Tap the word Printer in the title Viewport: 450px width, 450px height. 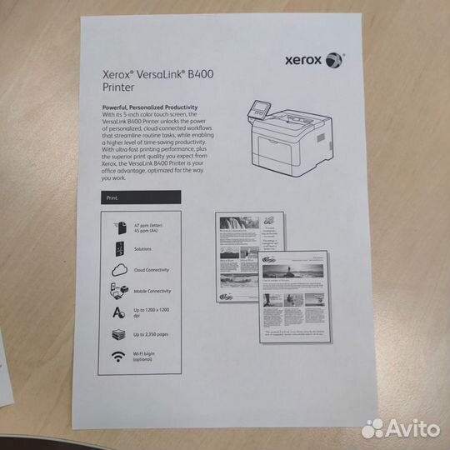point(117,86)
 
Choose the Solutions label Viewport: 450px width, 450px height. point(144,248)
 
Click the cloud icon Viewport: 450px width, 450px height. point(117,270)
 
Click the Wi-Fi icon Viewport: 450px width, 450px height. point(117,357)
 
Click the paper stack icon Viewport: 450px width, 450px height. point(117,335)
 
